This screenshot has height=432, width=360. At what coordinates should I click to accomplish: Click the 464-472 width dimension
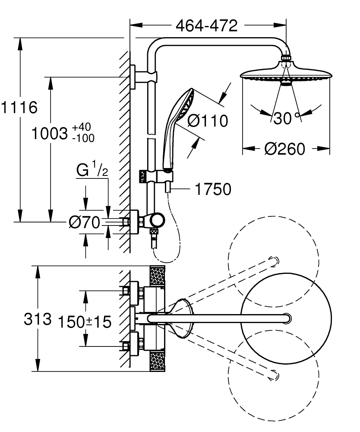point(206,26)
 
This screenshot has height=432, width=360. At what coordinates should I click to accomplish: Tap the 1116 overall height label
point(19,107)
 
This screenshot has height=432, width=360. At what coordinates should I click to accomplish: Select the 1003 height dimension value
point(49,133)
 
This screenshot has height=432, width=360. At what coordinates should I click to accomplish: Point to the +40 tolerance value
point(82,127)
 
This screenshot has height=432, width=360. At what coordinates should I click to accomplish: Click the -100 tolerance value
point(83,138)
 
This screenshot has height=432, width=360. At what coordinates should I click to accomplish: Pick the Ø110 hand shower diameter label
point(208,121)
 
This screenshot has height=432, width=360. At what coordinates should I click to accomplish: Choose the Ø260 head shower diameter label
point(284,149)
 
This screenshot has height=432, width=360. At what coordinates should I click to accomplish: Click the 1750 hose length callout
point(213,189)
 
